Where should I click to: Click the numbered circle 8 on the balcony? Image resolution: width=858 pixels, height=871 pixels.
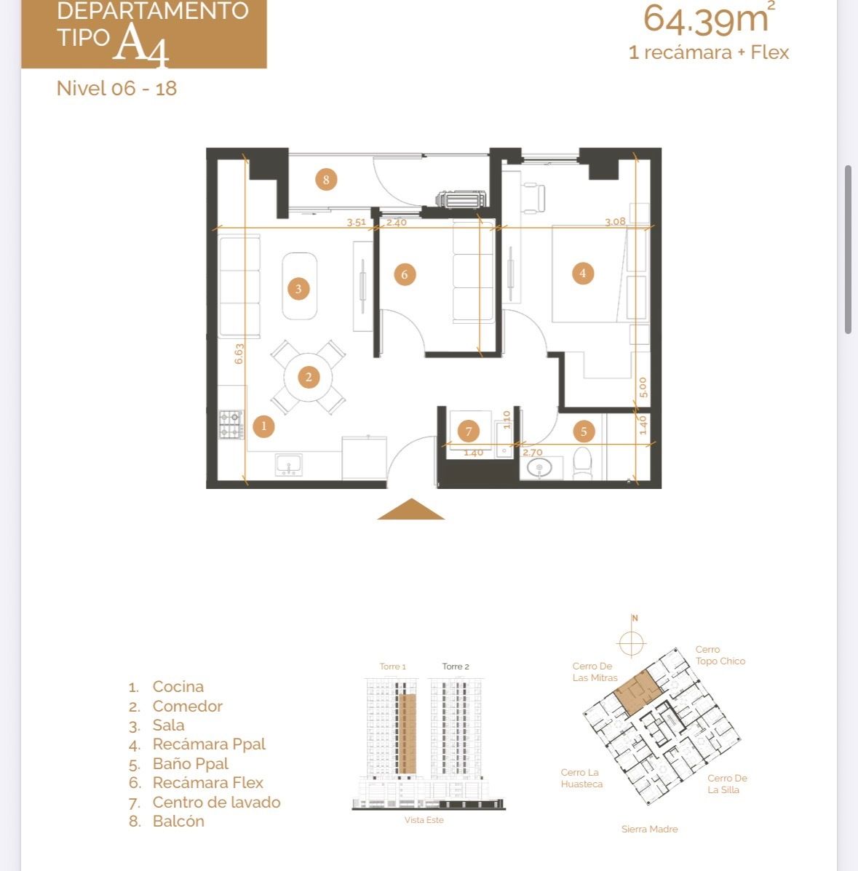pos(325,180)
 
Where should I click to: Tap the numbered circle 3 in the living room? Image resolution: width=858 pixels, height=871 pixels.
pos(298,289)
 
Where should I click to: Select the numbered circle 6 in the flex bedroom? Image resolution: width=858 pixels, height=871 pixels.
pos(405,274)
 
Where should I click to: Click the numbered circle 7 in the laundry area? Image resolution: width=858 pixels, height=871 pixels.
pos(469,431)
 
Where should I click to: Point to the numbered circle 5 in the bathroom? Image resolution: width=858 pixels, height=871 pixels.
pos(584,431)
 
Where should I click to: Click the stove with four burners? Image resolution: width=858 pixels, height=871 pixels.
pos(231,424)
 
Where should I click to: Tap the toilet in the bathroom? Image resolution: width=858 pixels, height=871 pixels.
pos(582,464)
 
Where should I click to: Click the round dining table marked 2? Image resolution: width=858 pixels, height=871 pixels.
pos(309,378)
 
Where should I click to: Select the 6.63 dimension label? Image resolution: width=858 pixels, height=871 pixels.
pos(239,354)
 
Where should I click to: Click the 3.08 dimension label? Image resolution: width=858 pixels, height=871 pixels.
pos(615,222)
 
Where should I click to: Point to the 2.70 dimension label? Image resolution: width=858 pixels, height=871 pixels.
pos(533,453)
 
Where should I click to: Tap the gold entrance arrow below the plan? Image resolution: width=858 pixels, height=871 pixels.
pos(410,509)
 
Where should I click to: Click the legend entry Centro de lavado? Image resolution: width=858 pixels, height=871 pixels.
pos(217,802)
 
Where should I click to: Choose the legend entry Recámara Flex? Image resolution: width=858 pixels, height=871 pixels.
pos(208,783)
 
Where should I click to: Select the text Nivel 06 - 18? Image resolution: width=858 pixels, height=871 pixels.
pos(116,88)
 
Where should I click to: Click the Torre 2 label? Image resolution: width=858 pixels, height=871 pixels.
pos(456,667)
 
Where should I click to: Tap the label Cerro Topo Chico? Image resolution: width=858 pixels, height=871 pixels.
pos(720,656)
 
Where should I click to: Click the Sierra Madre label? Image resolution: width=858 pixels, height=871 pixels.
pos(650,830)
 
